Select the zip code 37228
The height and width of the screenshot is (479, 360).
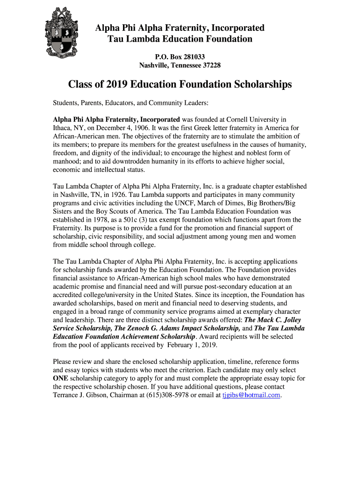(210, 65)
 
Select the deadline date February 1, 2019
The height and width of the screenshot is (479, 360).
(191, 345)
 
